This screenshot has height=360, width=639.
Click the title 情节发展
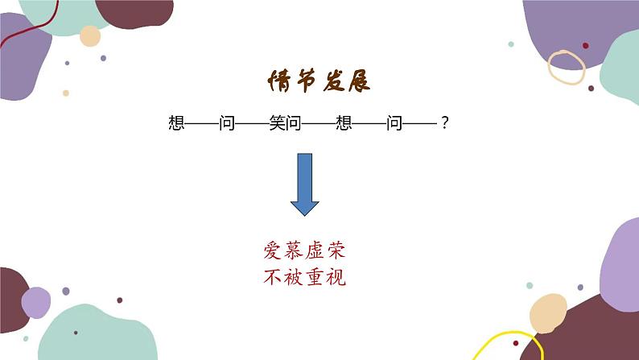pos(319,83)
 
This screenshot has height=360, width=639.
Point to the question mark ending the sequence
pos(444,123)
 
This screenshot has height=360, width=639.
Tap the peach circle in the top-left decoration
pos(90,36)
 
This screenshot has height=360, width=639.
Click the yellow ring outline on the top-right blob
pos(566,65)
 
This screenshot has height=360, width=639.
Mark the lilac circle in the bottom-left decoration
pos(35,303)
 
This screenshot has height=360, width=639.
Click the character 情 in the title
pos(278,83)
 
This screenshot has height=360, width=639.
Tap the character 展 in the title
pos(361,83)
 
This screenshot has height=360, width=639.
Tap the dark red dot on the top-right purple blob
pos(585,46)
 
